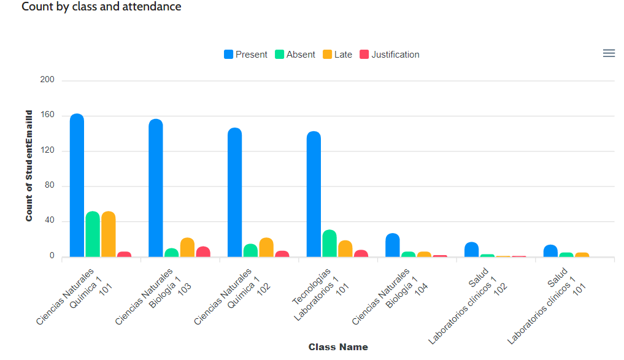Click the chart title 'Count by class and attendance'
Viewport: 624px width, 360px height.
pos(101,7)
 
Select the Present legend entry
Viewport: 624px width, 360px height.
pos(245,55)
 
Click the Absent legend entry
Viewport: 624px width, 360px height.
pos(295,55)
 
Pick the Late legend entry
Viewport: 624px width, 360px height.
pos(337,55)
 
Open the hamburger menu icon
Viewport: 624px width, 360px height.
pos(609,53)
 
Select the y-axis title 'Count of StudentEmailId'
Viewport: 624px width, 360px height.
pos(29,166)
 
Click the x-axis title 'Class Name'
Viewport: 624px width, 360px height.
pos(338,347)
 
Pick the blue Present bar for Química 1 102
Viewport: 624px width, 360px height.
pos(234,193)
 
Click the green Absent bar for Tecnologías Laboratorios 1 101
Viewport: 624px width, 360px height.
pos(329,243)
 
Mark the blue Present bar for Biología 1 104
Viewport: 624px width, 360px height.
pos(393,245)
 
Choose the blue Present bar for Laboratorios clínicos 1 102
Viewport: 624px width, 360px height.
pos(471,250)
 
